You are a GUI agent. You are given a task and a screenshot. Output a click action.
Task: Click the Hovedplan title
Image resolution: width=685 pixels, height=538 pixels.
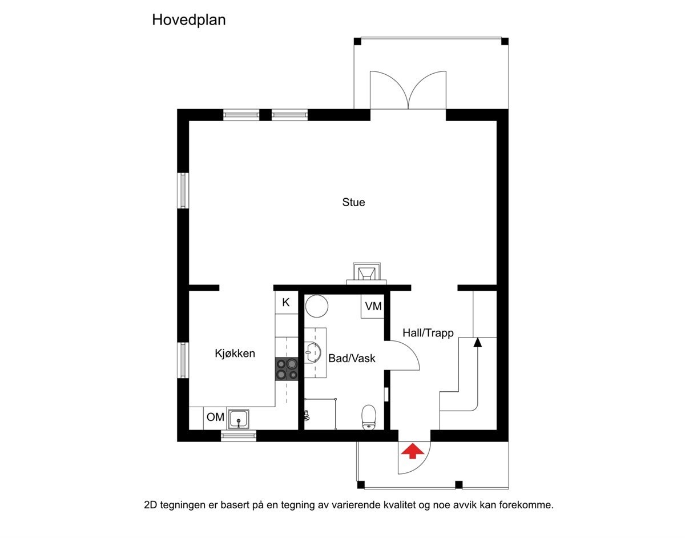click(189, 21)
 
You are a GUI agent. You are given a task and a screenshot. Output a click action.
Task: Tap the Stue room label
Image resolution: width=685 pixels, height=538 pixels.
click(353, 202)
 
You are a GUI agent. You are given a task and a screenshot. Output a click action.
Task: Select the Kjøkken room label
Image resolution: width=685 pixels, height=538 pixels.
click(235, 354)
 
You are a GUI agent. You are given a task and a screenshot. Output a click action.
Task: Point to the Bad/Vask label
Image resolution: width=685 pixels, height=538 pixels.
click(352, 359)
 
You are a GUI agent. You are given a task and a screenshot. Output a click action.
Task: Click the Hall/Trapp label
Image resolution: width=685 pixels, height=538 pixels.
click(428, 333)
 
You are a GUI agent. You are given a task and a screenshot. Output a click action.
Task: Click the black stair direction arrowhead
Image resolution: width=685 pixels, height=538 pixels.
click(477, 342)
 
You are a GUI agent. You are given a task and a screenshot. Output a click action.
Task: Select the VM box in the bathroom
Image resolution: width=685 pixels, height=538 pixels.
click(373, 307)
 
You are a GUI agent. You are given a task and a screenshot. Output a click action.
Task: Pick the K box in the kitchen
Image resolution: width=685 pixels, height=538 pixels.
click(286, 303)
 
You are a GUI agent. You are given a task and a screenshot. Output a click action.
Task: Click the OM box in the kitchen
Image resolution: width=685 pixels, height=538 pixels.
click(215, 417)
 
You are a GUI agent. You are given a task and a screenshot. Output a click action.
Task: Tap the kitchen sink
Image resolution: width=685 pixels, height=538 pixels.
click(238, 419)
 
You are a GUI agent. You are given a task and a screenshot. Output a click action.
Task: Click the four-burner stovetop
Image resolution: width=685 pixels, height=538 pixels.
click(287, 369)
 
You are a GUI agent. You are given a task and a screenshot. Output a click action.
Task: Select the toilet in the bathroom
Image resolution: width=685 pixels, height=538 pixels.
click(369, 416)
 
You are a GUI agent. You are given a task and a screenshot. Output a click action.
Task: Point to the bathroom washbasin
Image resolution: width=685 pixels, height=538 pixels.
click(312, 352)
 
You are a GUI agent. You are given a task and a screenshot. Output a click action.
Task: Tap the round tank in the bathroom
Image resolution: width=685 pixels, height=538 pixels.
click(316, 306)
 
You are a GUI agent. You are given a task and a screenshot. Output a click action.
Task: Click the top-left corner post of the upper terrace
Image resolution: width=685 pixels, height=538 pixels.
click(357, 41)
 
